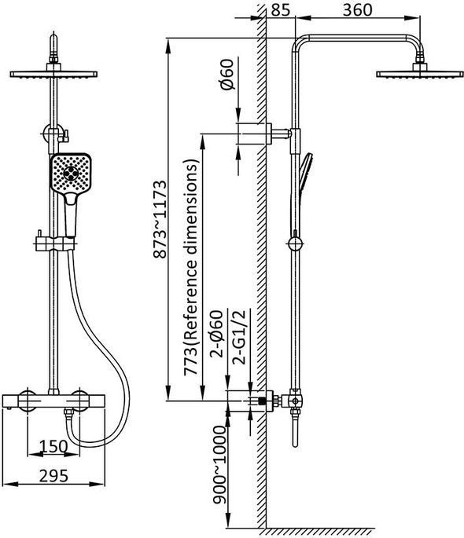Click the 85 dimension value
tap(280, 10)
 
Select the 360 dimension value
tap(358, 10)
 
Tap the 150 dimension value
tap(53, 446)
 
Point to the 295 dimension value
tap(53, 476)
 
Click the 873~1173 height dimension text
tap(160, 220)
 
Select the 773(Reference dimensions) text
tap(191, 267)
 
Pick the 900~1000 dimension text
tap(219, 465)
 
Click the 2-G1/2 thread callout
tap(239, 337)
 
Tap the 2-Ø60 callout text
tap(217, 334)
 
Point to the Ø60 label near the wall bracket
tap(227, 75)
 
